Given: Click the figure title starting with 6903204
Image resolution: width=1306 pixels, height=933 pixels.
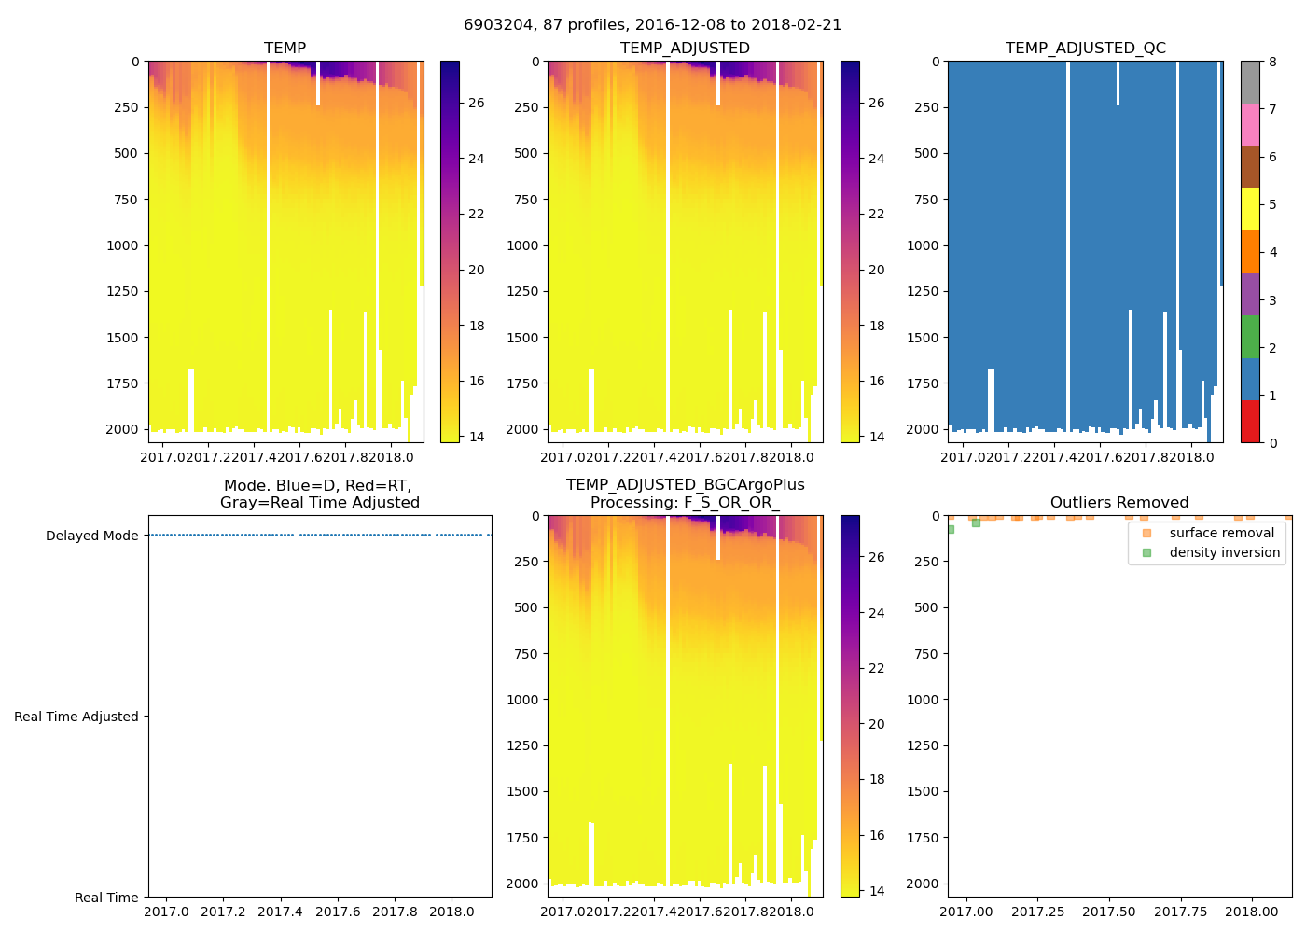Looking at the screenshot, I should click(652, 25).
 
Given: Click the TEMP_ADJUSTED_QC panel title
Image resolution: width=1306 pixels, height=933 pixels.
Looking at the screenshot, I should click(1085, 48).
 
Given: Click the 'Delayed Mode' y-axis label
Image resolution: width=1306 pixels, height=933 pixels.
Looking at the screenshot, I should click(91, 536).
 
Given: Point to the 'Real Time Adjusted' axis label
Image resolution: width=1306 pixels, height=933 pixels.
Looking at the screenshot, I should click(76, 717).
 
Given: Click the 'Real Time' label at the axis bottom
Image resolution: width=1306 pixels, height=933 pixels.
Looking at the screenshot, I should click(106, 898).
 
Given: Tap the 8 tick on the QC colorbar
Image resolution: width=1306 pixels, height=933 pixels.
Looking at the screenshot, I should click(1272, 62).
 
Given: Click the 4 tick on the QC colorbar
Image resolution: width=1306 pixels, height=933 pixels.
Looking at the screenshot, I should click(1272, 252).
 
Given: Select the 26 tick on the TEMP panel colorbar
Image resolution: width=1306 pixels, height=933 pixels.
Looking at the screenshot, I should click(476, 103).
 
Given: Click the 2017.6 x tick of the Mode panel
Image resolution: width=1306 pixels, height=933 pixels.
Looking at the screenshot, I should click(337, 912).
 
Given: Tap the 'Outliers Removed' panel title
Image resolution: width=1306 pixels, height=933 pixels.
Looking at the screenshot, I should click(1118, 503).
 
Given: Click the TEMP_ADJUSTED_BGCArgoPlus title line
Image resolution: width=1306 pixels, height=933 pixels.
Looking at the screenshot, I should click(685, 485).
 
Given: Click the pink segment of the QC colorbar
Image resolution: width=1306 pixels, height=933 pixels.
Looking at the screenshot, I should click(1250, 124).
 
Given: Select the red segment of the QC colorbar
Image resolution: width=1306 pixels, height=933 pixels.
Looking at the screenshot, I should click(1250, 421).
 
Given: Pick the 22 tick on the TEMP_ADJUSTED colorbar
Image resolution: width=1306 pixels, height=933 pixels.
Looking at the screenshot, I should click(876, 214).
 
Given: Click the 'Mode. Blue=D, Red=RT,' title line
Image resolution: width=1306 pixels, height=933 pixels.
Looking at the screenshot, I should click(317, 485).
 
